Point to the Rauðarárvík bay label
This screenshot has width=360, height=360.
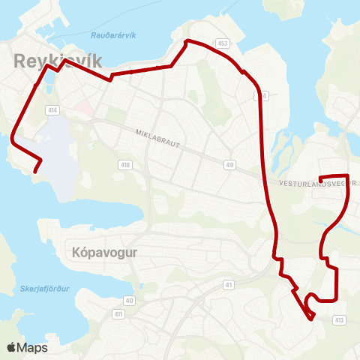pyautogui.click(x=112, y=35)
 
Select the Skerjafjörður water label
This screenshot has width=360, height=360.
pyautogui.click(x=40, y=287)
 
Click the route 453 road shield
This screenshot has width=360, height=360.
pyautogui.click(x=222, y=43)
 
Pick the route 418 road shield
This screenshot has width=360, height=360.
pyautogui.click(x=126, y=164)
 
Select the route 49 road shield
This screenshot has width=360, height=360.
pyautogui.click(x=229, y=164)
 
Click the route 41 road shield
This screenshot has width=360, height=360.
pyautogui.click(x=229, y=285)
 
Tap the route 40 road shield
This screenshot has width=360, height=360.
pyautogui.click(x=129, y=300)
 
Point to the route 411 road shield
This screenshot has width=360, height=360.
pyautogui.click(x=118, y=313)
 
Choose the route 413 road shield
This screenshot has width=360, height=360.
pyautogui.click(x=340, y=320)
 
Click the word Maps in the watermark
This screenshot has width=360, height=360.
pyautogui.click(x=33, y=347)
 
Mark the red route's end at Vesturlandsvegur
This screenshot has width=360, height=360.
pyautogui.click(x=321, y=178)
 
